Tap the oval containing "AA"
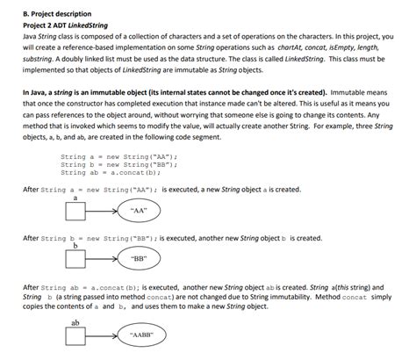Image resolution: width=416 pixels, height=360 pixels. click(138, 212)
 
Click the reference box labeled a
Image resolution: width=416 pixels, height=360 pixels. click(76, 212)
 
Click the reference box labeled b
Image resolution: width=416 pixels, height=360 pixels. click(76, 260)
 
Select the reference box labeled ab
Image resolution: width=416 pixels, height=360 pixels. click(76, 335)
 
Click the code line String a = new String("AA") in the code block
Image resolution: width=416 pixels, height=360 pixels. click(118, 157)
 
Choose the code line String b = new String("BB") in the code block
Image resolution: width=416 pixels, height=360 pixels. click(118, 164)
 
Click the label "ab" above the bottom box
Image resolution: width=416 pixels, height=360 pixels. click(76, 322)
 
